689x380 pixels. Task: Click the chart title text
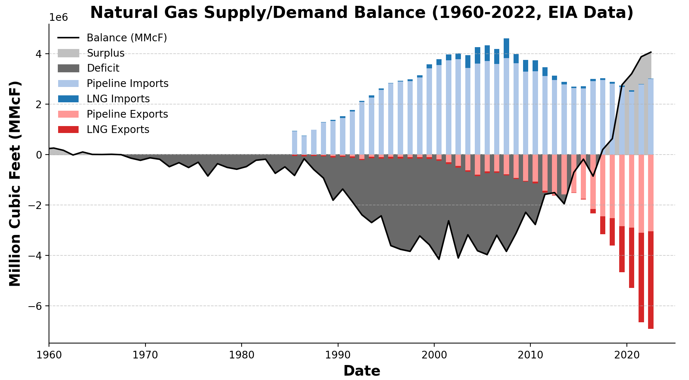coord(361,13)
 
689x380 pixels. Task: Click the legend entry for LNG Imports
coord(118,99)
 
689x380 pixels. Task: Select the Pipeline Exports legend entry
coord(127,114)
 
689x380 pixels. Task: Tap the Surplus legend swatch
coord(68,53)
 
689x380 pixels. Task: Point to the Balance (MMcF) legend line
coord(68,38)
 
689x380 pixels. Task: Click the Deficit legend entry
coord(103,68)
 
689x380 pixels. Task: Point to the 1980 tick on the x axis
coord(242,344)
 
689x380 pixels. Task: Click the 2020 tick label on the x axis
coord(626,354)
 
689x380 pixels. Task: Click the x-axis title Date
coord(361,371)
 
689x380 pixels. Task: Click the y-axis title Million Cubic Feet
coord(15,183)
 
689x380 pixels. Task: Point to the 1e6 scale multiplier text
coord(58,18)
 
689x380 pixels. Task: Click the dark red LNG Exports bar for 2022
coord(651,280)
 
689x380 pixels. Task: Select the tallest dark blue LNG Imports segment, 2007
coord(506,48)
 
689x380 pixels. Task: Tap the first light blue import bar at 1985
coord(295,142)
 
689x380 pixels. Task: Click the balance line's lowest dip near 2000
coord(439,259)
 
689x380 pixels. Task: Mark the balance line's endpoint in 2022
coord(651,52)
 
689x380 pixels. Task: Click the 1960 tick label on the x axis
coord(49,354)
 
